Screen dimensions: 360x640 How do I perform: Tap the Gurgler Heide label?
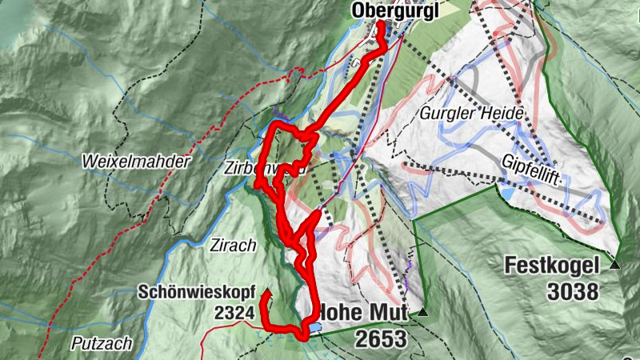point(470,114)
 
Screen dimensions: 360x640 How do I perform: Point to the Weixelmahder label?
point(136,162)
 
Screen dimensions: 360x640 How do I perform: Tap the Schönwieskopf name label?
point(195,291)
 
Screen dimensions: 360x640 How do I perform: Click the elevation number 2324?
point(234,312)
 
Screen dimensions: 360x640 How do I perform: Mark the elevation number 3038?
point(573,292)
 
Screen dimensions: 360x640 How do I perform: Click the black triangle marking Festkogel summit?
point(614,265)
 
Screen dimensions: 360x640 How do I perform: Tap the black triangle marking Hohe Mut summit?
point(422,313)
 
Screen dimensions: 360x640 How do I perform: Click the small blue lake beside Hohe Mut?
point(314,327)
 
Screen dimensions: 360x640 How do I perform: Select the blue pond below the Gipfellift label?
point(508,194)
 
